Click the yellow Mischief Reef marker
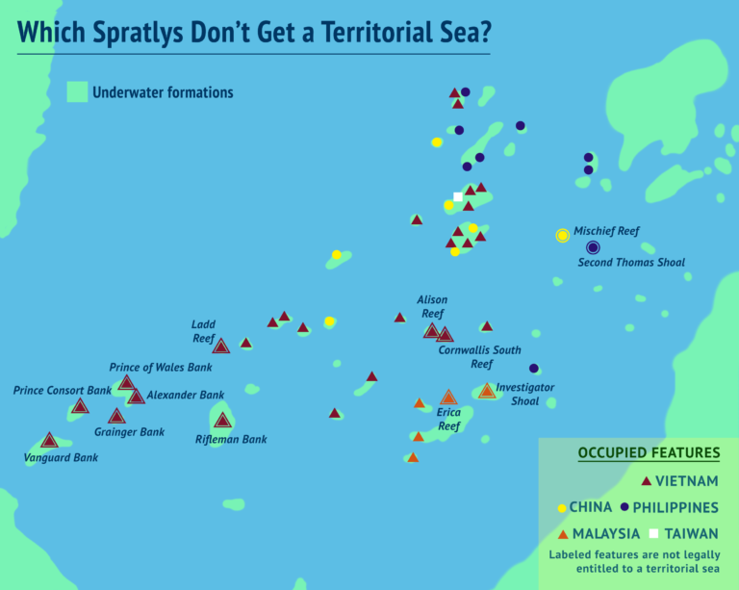563,236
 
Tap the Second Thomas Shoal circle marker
593,247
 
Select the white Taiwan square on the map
458,196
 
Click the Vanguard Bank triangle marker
49,441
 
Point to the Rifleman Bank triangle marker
223,420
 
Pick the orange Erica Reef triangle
448,398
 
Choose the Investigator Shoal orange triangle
487,391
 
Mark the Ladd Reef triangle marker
220,346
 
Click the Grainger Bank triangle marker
116,417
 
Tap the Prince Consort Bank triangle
80,406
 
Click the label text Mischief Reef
606,231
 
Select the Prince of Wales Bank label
161,367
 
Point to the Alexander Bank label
186,395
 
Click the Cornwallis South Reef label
480,356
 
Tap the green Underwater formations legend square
77,92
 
